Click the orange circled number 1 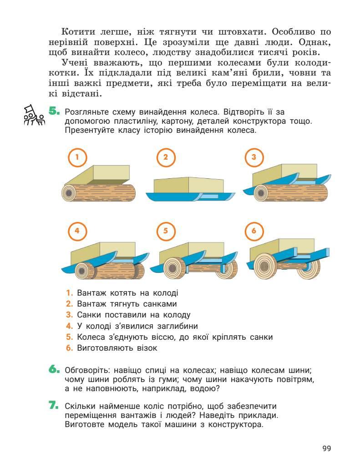(x=77, y=157)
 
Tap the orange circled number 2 (x=166, y=157)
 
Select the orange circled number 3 (x=254, y=157)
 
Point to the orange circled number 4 (x=77, y=231)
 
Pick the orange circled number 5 (x=166, y=231)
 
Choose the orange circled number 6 (x=254, y=231)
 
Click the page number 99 (x=327, y=448)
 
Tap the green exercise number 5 (x=54, y=111)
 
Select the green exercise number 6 (x=54, y=369)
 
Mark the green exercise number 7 (x=54, y=405)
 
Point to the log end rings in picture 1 (x=70, y=193)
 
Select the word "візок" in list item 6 (x=147, y=348)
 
